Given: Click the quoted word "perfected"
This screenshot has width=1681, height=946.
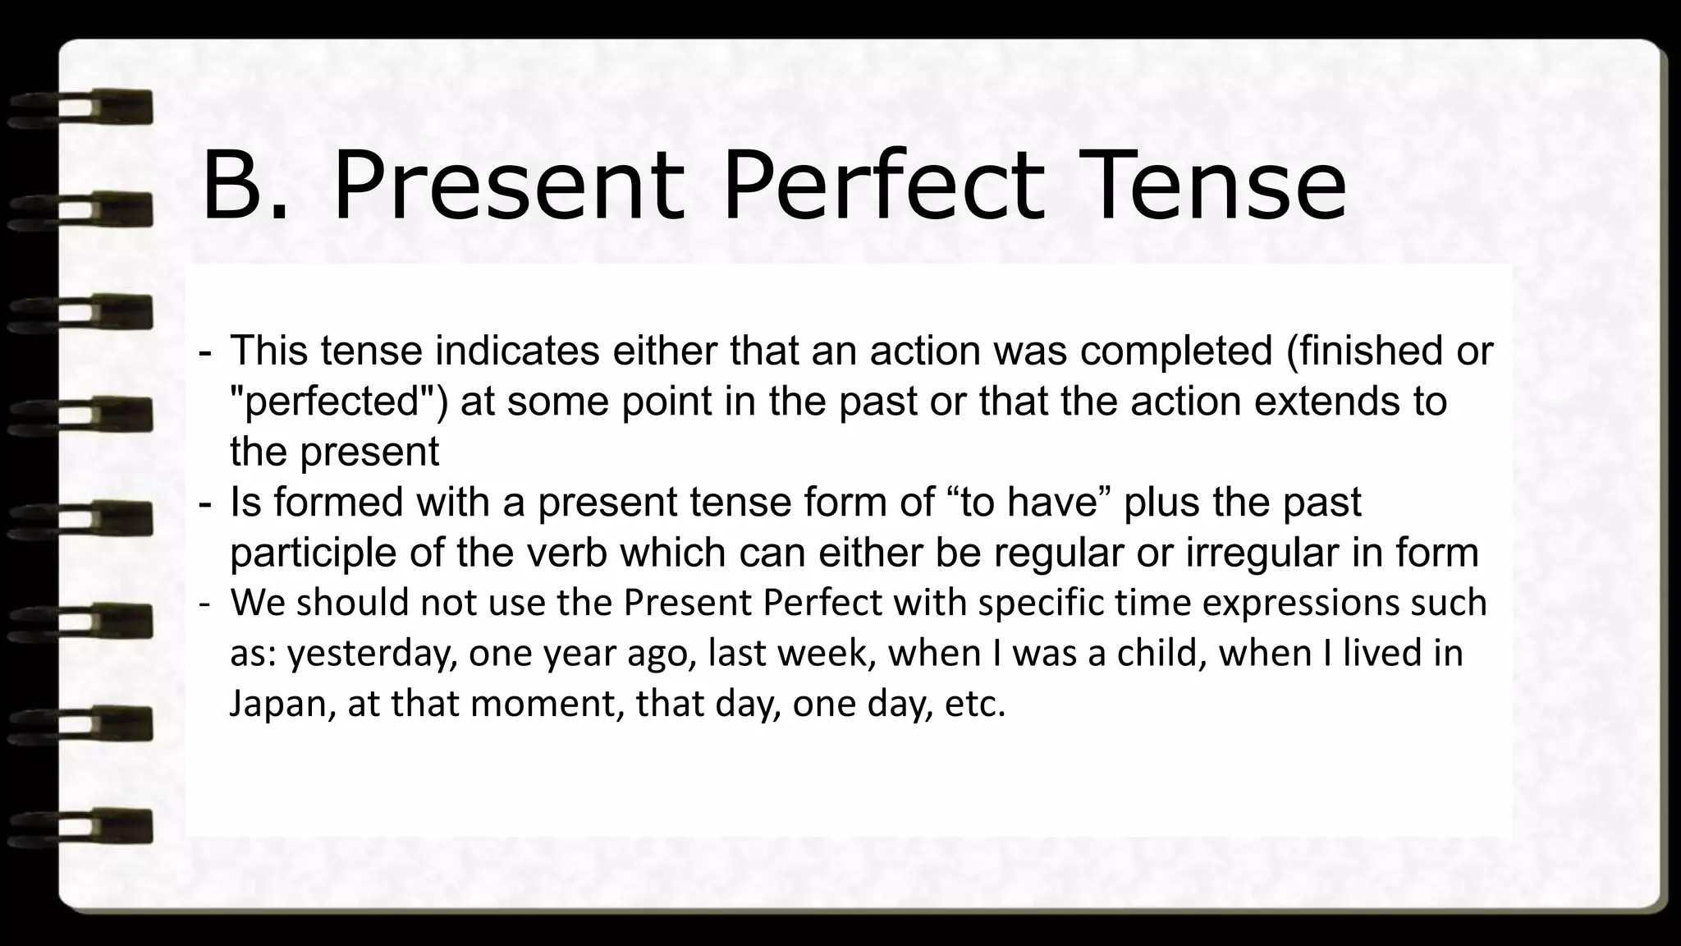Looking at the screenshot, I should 338,402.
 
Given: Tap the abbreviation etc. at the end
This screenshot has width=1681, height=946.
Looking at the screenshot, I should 975,705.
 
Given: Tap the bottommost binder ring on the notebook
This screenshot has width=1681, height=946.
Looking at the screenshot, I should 82,826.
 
